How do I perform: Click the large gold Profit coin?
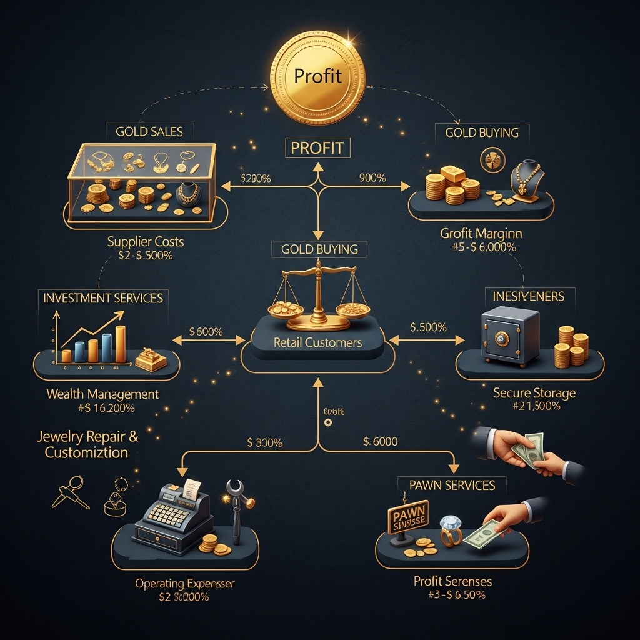click(317, 76)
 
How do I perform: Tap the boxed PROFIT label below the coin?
click(317, 148)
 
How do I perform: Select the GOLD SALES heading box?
click(149, 132)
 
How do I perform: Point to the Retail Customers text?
click(317, 342)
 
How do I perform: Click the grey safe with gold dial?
click(510, 337)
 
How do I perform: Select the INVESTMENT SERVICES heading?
click(103, 297)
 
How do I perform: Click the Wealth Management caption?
click(102, 394)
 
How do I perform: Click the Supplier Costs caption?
click(145, 241)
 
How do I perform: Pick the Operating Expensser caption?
click(185, 584)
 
